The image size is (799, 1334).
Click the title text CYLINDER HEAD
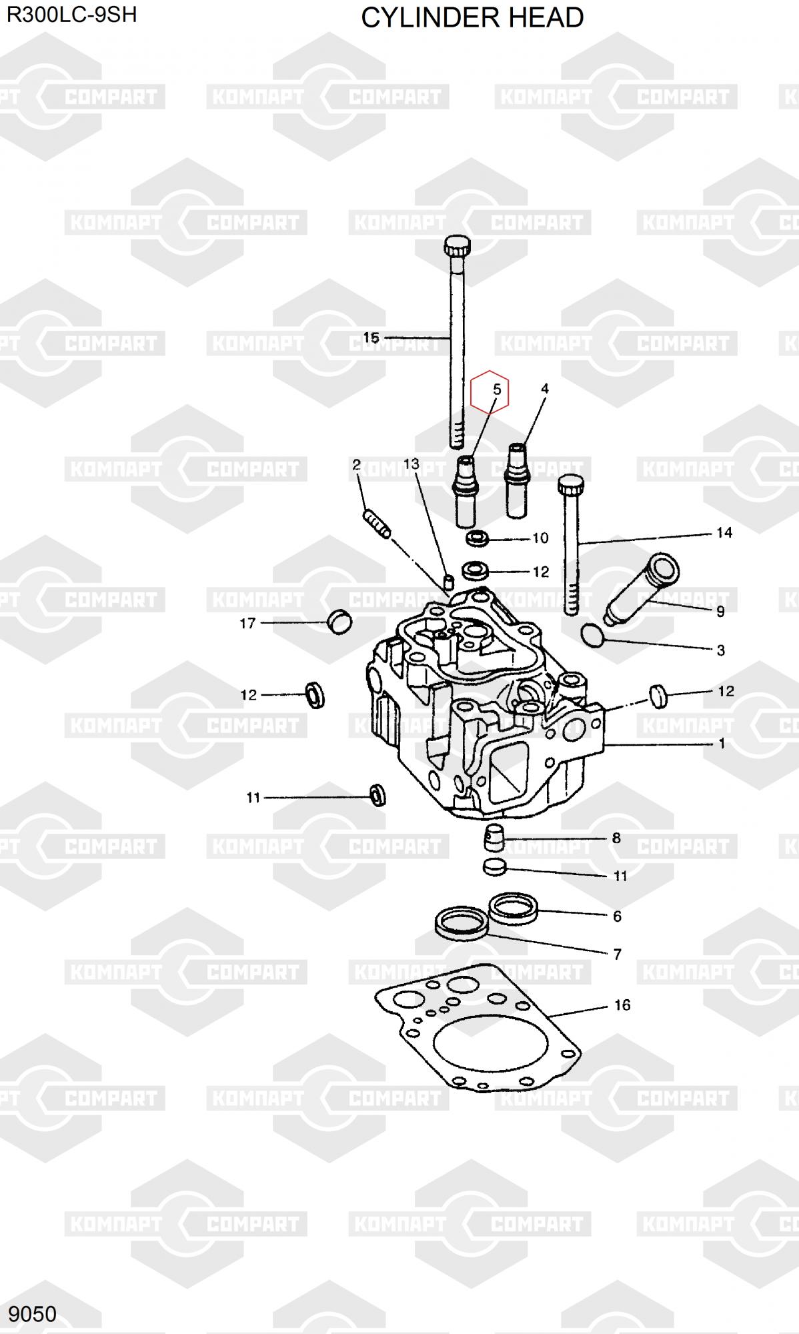(x=472, y=18)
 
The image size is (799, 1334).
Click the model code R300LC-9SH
(x=72, y=15)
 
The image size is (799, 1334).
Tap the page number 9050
(x=33, y=1313)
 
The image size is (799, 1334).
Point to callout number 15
(x=371, y=338)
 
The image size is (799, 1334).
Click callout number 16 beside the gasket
(x=622, y=1005)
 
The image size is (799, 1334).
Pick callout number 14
(x=724, y=532)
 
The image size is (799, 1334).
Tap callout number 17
(x=247, y=623)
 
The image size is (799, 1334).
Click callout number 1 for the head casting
(x=722, y=743)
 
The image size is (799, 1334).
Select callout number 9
(x=720, y=611)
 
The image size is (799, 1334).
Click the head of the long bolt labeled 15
(x=456, y=249)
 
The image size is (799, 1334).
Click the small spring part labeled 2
(x=377, y=522)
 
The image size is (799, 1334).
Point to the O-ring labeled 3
(x=593, y=634)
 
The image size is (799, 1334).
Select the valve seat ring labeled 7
(x=462, y=923)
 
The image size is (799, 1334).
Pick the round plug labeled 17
(x=339, y=622)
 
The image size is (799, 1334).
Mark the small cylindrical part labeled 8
(x=493, y=837)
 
